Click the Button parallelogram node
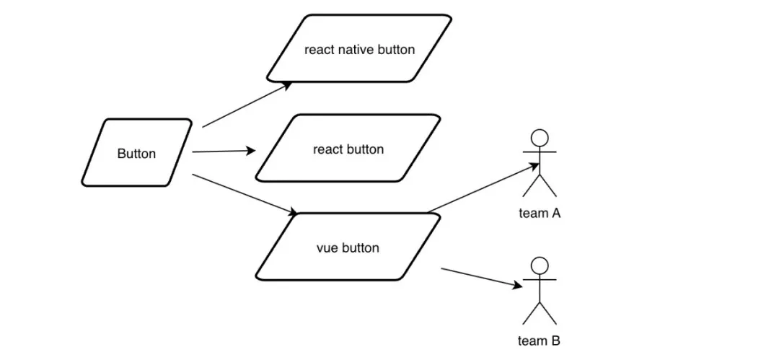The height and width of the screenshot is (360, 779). [x=136, y=153]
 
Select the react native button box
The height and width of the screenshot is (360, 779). [x=359, y=48]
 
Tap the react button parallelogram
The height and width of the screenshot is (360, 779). [x=348, y=148]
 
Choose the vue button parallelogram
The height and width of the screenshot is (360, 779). [x=348, y=247]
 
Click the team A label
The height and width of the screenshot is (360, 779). [x=540, y=213]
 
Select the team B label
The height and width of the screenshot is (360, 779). [x=539, y=341]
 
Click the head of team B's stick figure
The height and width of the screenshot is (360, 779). [x=540, y=264]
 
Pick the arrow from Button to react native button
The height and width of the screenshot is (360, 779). [x=245, y=105]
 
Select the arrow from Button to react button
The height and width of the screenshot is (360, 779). [x=224, y=152]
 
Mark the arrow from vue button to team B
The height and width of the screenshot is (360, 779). [x=480, y=278]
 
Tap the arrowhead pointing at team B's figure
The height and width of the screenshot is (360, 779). [x=517, y=286]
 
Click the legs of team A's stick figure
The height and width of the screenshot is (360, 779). [x=540, y=187]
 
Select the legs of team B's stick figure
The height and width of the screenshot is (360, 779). [x=540, y=314]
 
